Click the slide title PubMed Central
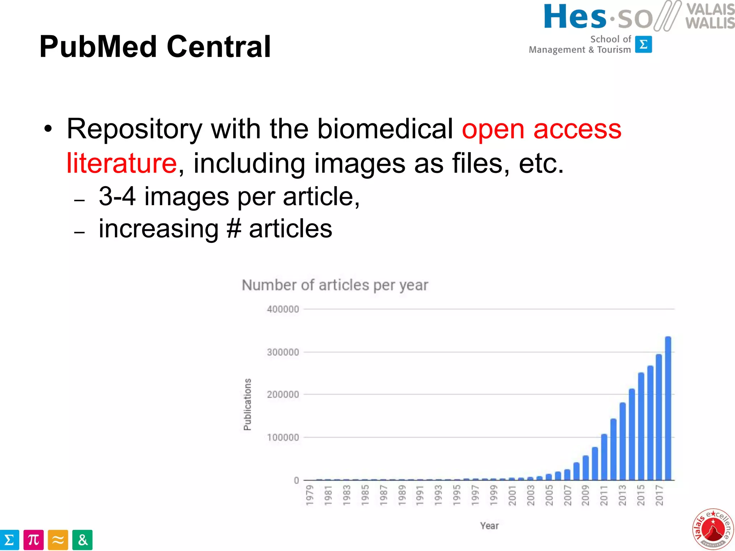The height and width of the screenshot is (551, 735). pyautogui.click(x=155, y=47)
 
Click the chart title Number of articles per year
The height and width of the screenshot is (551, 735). pyautogui.click(x=335, y=285)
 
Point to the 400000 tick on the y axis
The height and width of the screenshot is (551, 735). pyautogui.click(x=283, y=309)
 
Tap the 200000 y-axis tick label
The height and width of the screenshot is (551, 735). pyautogui.click(x=283, y=395)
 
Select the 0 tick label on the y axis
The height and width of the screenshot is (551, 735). pyautogui.click(x=296, y=480)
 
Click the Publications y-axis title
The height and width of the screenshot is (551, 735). pyautogui.click(x=247, y=404)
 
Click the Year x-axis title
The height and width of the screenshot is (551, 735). pyautogui.click(x=490, y=526)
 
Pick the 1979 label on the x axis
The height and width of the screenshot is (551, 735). pyautogui.click(x=309, y=495)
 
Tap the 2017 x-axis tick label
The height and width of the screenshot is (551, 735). pyautogui.click(x=659, y=495)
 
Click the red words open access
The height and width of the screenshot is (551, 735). pyautogui.click(x=541, y=129)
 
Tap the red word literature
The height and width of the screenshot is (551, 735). pyautogui.click(x=122, y=163)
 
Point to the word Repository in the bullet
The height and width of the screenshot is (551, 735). pyautogui.click(x=135, y=129)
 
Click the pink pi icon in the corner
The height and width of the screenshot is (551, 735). pyautogui.click(x=33, y=540)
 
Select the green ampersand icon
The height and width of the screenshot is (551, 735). pyautogui.click(x=82, y=540)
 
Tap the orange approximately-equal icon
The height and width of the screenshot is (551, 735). pyautogui.click(x=58, y=540)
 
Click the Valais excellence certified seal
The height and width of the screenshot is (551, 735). pyautogui.click(x=712, y=529)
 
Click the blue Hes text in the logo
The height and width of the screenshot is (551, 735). pyautogui.click(x=575, y=17)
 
